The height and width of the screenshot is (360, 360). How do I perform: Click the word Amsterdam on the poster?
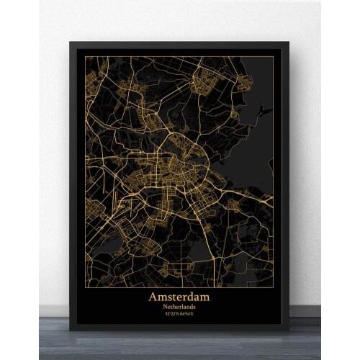(x=179, y=296)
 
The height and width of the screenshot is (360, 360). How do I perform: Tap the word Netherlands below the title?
(x=179, y=306)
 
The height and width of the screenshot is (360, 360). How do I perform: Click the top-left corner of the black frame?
(x=71, y=42)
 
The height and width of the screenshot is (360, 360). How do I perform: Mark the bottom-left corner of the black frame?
(x=71, y=329)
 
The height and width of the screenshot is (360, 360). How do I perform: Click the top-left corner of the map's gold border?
(x=85, y=56)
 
